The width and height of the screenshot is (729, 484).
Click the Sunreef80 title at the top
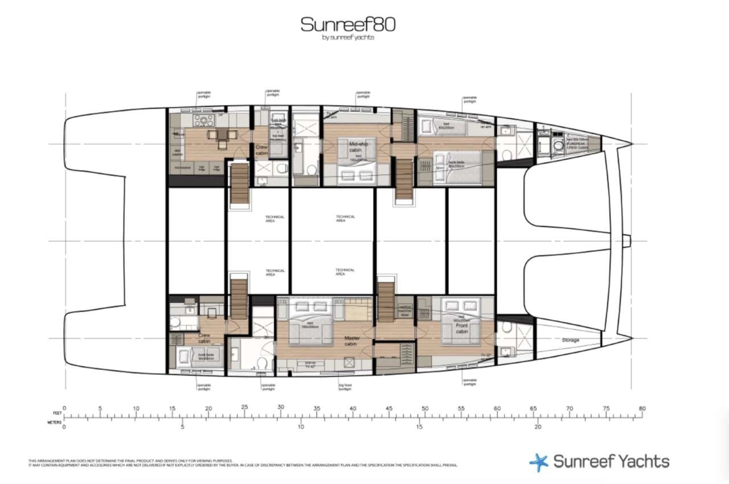(x=348, y=24)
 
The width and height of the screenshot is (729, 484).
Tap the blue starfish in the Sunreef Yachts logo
(x=539, y=462)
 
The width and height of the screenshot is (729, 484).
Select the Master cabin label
(x=351, y=341)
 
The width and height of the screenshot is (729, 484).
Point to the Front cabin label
(x=462, y=328)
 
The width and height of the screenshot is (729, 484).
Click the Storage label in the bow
(x=570, y=340)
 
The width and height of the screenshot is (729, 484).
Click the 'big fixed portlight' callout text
(x=345, y=387)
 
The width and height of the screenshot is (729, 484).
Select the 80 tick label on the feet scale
(x=642, y=408)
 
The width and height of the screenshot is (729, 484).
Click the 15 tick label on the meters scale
(x=419, y=427)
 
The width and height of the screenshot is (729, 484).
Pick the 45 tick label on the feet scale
(x=389, y=408)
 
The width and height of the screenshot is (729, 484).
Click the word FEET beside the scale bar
(x=57, y=413)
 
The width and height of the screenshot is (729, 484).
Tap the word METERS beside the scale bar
(x=54, y=422)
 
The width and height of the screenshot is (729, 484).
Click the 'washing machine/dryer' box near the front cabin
(x=404, y=311)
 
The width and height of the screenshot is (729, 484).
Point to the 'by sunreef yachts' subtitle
(x=348, y=38)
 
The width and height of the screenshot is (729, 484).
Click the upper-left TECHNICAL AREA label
(x=274, y=219)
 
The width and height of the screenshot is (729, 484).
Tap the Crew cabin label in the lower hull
(x=204, y=338)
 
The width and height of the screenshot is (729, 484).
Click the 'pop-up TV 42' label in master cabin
(x=310, y=364)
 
